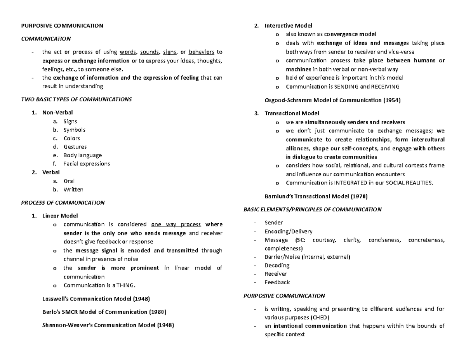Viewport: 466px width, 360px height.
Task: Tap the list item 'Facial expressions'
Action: [x=87, y=163]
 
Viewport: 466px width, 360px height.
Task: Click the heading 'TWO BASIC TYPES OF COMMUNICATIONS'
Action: [x=76, y=99]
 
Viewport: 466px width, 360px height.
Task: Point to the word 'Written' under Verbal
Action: [x=73, y=190]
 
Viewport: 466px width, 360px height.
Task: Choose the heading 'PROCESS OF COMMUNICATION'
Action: [x=63, y=202]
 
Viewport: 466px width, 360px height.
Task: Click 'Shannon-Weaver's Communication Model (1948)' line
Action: [x=108, y=325]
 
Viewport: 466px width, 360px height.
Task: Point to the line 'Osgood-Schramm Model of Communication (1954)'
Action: [x=332, y=100]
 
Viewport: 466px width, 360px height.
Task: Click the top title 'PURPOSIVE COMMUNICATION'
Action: [x=62, y=26]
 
